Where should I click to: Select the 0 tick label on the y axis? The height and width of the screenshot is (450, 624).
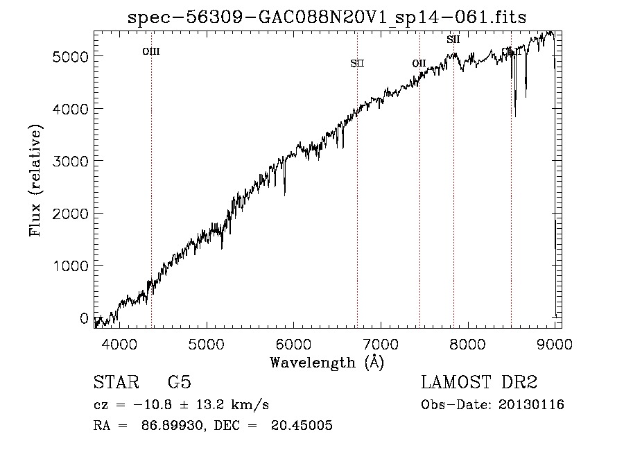click(x=84, y=318)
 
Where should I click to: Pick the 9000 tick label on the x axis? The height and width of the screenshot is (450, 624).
click(x=554, y=344)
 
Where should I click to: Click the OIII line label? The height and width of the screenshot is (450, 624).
click(x=151, y=51)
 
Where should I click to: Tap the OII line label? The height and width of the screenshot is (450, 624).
click(x=419, y=64)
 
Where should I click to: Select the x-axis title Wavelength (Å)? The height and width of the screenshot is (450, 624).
click(x=327, y=362)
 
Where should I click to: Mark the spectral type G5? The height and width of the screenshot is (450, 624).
click(x=179, y=383)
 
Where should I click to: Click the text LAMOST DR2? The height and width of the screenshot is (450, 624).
click(x=479, y=383)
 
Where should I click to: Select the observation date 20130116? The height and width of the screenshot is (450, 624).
click(x=530, y=405)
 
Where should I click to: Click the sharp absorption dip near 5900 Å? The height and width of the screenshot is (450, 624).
click(x=284, y=193)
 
